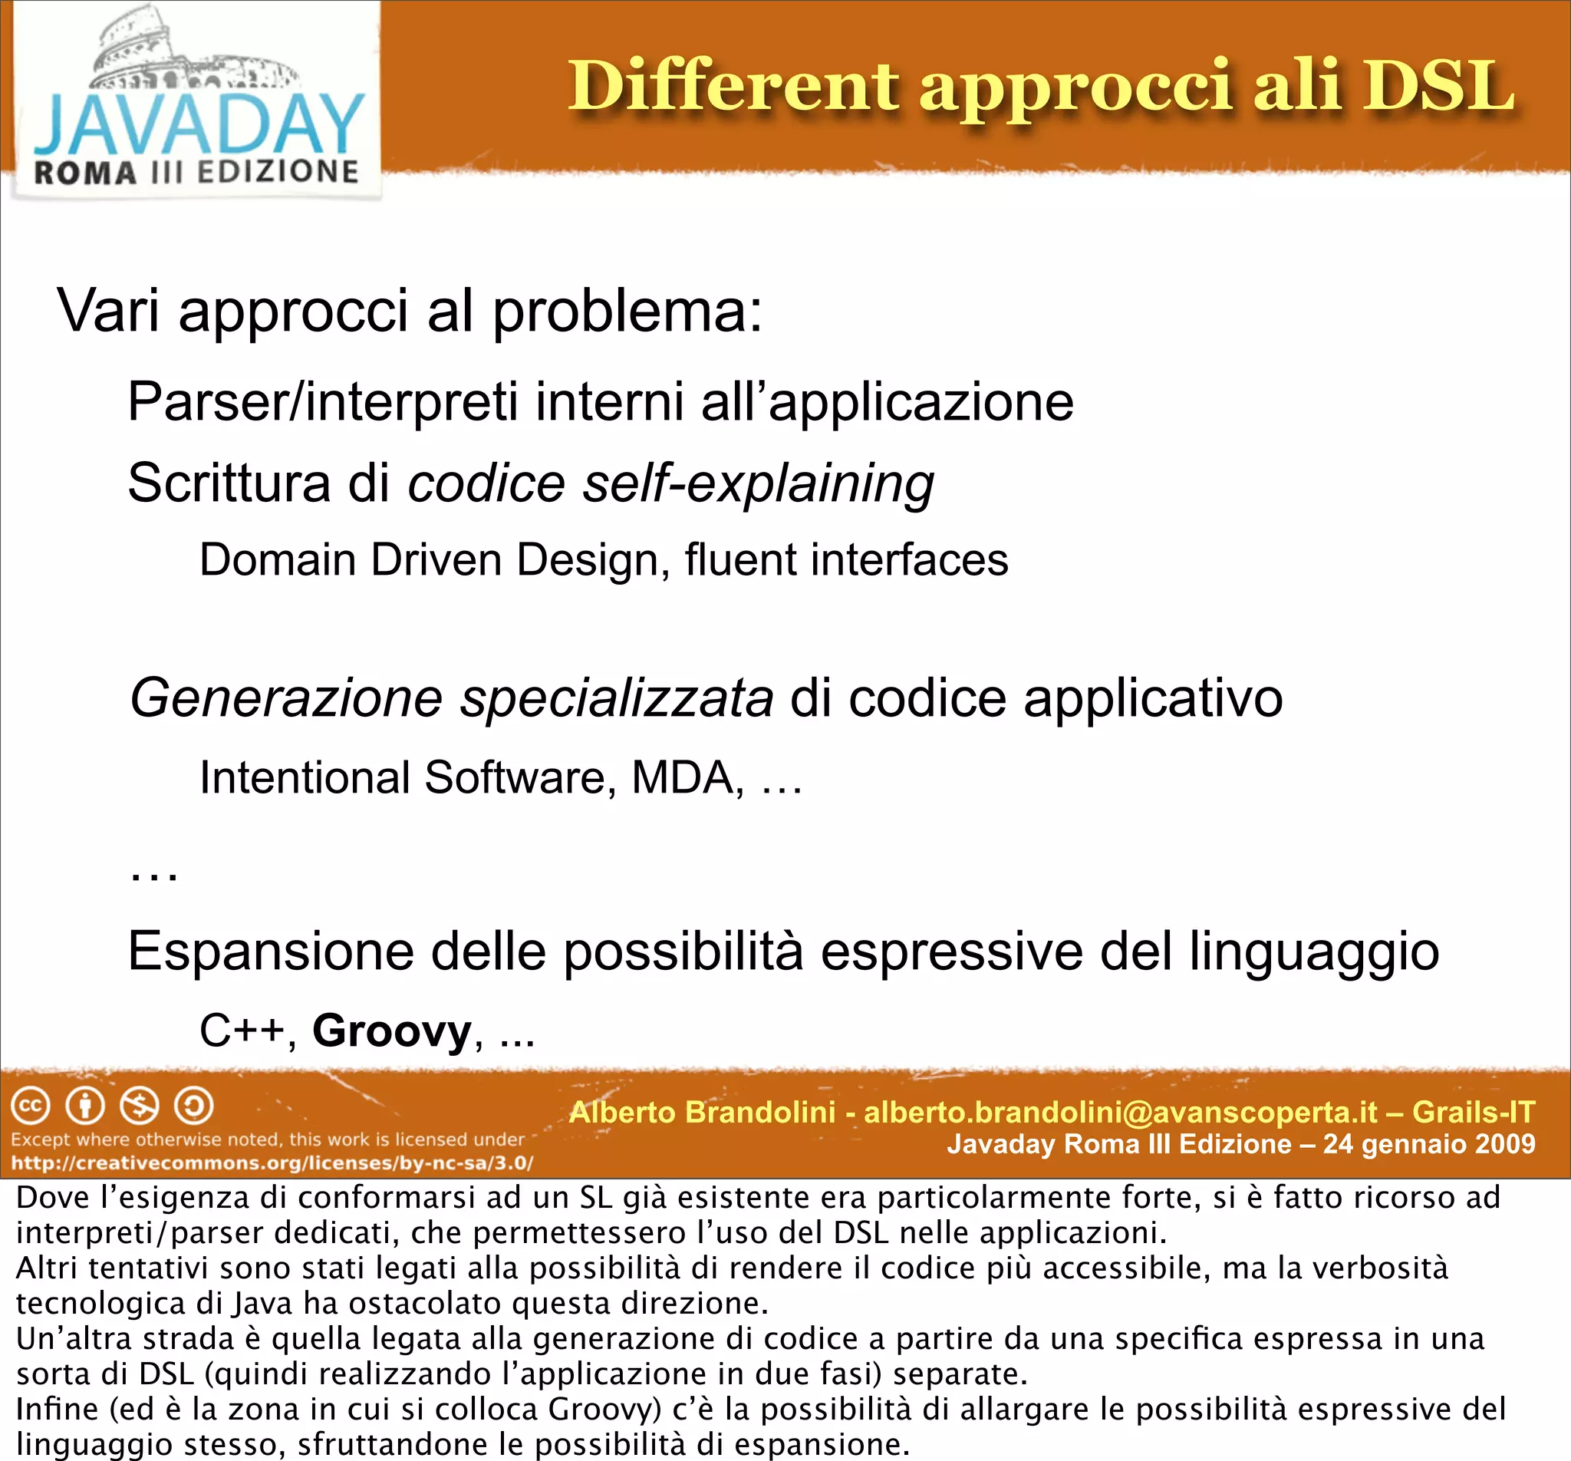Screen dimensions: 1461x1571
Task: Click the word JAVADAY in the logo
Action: pos(199,125)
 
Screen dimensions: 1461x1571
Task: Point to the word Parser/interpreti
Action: pos(322,402)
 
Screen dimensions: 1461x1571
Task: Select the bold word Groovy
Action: pos(392,1031)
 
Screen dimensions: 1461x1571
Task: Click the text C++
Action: pos(242,1031)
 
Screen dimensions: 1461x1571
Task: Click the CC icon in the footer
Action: pos(31,1106)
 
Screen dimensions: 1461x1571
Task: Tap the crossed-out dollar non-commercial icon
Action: pos(139,1106)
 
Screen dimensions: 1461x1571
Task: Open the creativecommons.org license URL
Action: pos(272,1163)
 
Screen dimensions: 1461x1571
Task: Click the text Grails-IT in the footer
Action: pos(1473,1113)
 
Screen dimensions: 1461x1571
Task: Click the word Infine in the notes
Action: pos(57,1409)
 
